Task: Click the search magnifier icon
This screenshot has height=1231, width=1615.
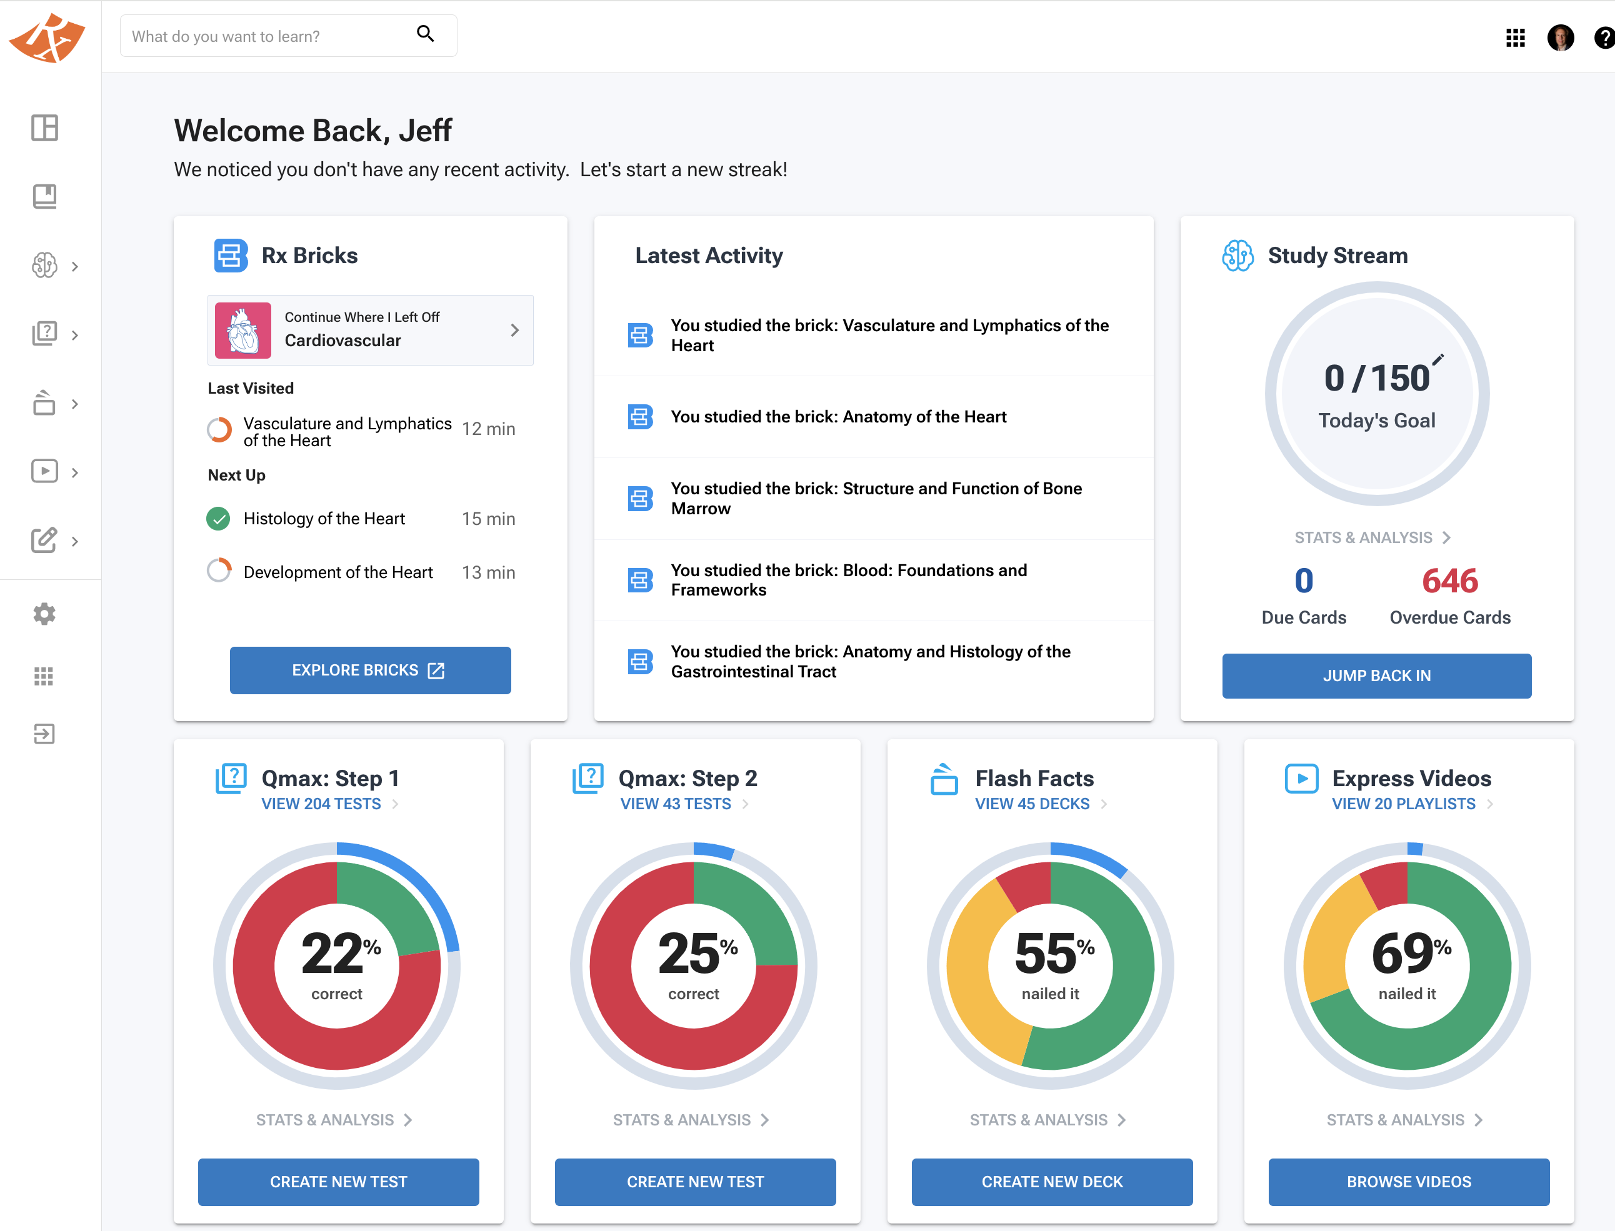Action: [425, 34]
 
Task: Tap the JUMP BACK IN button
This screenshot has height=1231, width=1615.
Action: [1376, 675]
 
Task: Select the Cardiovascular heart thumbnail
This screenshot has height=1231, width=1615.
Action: [242, 331]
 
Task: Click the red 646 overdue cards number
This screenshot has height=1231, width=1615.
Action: [1449, 581]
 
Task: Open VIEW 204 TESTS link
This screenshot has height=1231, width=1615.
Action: [321, 804]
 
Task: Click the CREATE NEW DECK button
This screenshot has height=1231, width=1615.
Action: [1051, 1181]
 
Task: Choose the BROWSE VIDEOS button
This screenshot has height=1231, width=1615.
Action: [1408, 1181]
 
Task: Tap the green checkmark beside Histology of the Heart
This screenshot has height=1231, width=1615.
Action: [218, 519]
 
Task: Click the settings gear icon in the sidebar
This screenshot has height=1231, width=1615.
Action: [44, 614]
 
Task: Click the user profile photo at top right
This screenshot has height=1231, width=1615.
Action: [1560, 37]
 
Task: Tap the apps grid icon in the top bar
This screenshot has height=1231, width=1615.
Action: [1514, 37]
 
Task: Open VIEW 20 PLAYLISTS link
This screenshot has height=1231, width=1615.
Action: [1403, 804]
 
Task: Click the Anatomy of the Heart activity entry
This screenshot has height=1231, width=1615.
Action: [838, 417]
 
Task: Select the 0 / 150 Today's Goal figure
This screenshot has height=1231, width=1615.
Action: [1376, 379]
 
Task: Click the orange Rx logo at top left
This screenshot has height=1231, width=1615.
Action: [47, 38]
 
